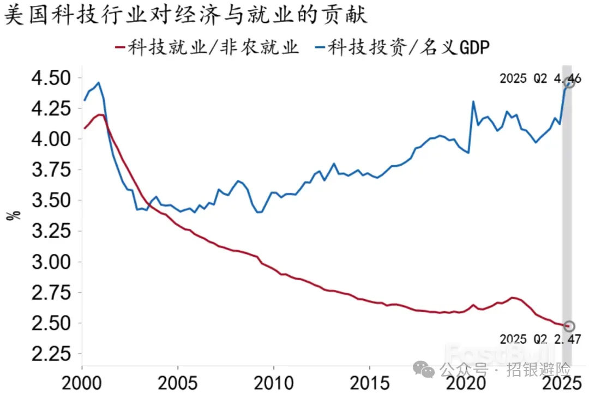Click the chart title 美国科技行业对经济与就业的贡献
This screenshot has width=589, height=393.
(186, 15)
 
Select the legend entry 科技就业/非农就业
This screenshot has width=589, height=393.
(207, 47)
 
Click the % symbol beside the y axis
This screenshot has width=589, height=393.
(14, 214)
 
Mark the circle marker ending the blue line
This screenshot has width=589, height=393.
(569, 83)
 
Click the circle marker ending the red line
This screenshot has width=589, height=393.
(569, 326)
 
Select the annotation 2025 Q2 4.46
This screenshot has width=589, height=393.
(540, 78)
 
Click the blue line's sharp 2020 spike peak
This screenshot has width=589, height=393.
(473, 101)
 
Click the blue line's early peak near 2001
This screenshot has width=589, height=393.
(98, 83)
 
